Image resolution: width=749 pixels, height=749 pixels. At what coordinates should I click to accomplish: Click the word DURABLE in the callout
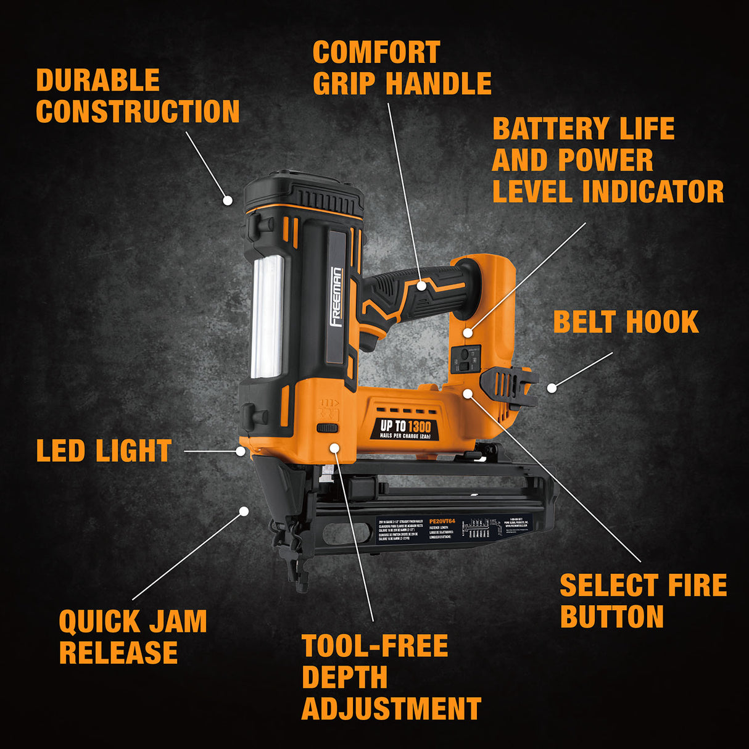click(97, 80)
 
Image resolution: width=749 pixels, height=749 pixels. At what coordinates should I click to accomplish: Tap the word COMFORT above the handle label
click(376, 52)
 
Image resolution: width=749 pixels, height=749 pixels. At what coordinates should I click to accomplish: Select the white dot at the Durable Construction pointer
click(228, 200)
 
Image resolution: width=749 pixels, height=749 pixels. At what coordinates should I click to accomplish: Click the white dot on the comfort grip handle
click(421, 285)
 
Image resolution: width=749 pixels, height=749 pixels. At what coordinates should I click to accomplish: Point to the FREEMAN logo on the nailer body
click(337, 296)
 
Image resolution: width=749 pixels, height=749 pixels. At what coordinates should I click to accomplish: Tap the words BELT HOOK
click(626, 322)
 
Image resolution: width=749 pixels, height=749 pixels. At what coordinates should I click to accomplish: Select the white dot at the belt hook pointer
click(552, 387)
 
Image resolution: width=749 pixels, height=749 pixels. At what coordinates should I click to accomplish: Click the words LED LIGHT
click(104, 451)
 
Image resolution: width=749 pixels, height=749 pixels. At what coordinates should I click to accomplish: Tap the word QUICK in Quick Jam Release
click(99, 621)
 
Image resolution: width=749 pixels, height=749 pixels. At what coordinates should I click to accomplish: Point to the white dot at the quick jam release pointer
click(244, 511)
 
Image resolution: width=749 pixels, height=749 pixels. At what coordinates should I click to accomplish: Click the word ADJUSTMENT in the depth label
click(391, 709)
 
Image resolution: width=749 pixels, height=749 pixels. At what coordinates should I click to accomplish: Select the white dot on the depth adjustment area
click(334, 447)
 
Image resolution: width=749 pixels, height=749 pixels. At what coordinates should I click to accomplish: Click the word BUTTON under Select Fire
click(611, 616)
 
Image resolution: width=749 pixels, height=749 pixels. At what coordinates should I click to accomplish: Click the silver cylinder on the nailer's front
click(268, 316)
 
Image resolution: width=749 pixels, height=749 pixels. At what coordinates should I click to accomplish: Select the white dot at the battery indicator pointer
click(468, 333)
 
